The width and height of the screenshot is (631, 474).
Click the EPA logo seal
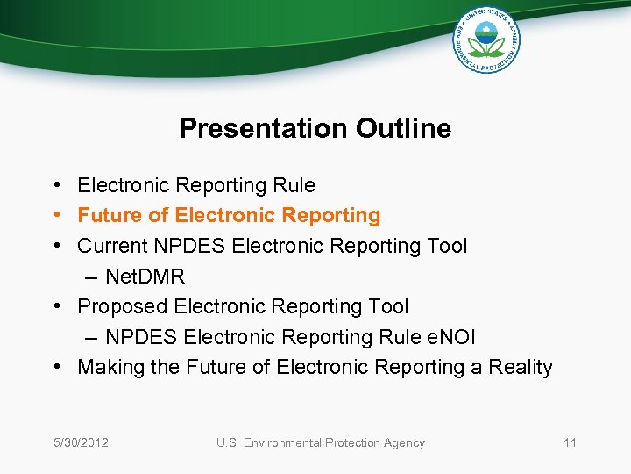(x=486, y=39)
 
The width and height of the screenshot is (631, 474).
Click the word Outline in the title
(x=403, y=129)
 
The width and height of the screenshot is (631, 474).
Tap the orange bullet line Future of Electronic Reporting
(x=229, y=215)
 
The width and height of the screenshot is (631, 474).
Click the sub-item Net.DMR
(x=145, y=276)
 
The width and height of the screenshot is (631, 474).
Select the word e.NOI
(x=446, y=337)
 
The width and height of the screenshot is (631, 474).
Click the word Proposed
(x=122, y=306)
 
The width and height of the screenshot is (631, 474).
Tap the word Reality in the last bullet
(x=521, y=367)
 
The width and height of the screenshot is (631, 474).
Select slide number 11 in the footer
(x=570, y=442)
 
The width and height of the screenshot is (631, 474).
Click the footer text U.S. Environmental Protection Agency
(x=320, y=442)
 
